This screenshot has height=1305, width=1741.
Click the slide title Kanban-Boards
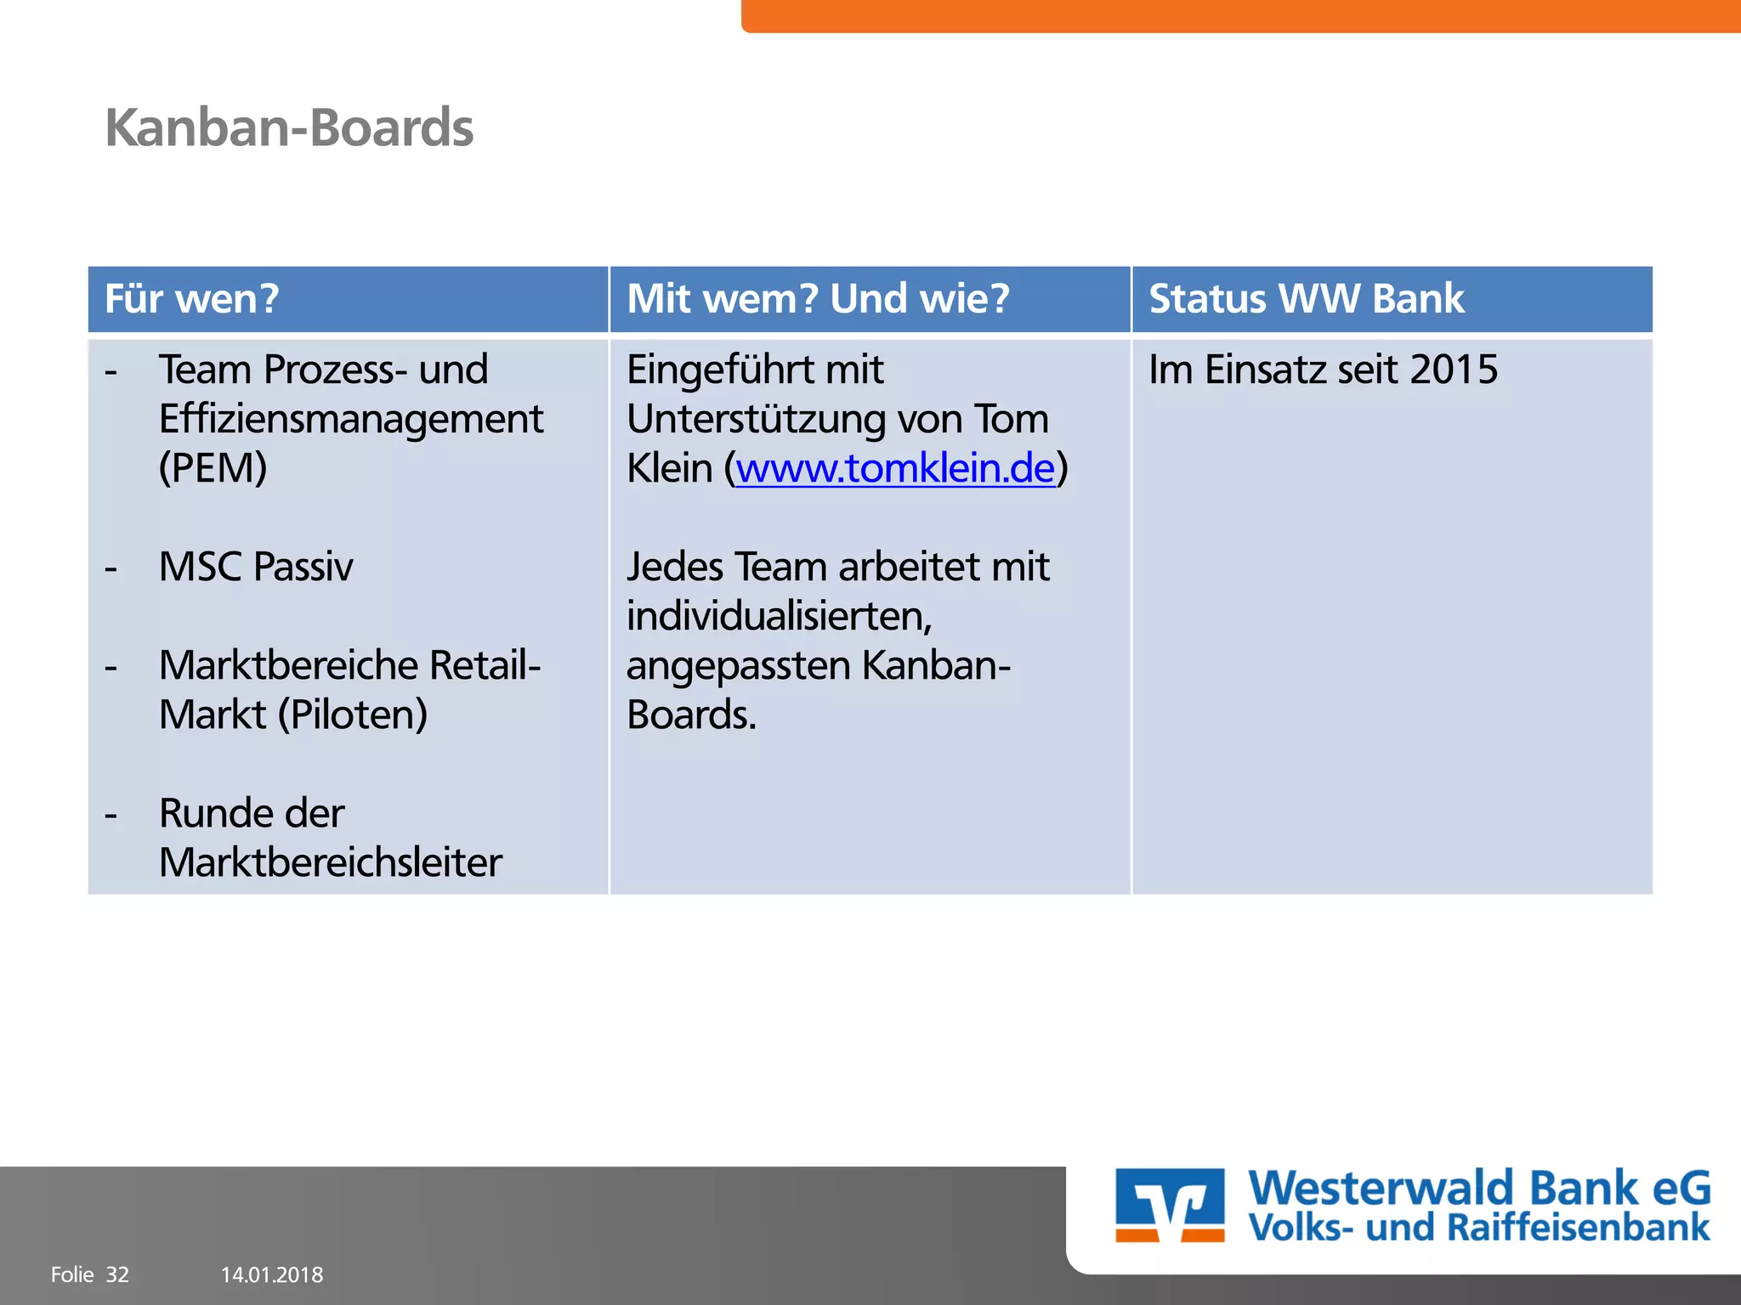pyautogui.click(x=289, y=128)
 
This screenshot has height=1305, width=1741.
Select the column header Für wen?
pyautogui.click(x=192, y=299)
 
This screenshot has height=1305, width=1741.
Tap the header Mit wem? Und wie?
pyautogui.click(x=818, y=299)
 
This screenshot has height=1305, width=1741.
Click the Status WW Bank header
pyautogui.click(x=1307, y=299)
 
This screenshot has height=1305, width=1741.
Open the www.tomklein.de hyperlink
pyautogui.click(x=895, y=468)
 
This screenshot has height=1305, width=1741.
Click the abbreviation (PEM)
pyautogui.click(x=213, y=468)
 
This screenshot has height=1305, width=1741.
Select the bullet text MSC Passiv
pyautogui.click(x=256, y=567)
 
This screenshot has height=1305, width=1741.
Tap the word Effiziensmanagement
pyautogui.click(x=351, y=419)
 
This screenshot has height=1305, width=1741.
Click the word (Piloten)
pyautogui.click(x=354, y=715)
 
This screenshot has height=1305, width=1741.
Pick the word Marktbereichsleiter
pyautogui.click(x=331, y=862)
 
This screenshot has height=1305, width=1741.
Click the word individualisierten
pyautogui.click(x=779, y=616)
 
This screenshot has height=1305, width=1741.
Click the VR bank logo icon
pyautogui.click(x=1170, y=1205)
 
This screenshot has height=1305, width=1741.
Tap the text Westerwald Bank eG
pyautogui.click(x=1479, y=1187)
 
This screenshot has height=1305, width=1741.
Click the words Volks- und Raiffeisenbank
pyautogui.click(x=1479, y=1228)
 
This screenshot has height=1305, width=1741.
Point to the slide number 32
pyautogui.click(x=117, y=1274)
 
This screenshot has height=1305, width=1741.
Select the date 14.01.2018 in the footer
pyautogui.click(x=272, y=1274)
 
